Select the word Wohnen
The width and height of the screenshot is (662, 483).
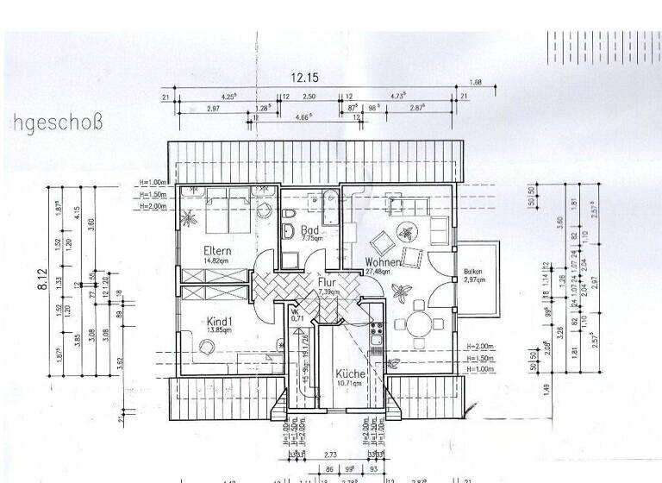[382, 261]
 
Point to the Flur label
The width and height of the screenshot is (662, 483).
[325, 281]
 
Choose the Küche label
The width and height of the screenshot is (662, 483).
[351, 373]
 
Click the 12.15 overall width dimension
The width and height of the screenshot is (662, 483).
[304, 78]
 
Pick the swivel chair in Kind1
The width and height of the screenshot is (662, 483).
[207, 347]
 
